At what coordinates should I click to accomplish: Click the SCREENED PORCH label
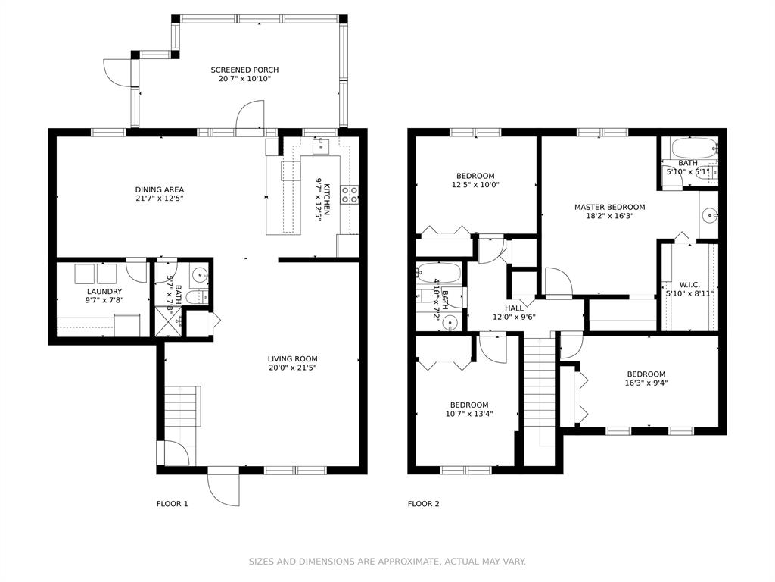pyautogui.click(x=244, y=70)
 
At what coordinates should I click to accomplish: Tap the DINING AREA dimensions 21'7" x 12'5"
pyautogui.click(x=159, y=199)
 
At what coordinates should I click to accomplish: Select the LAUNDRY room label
pyautogui.click(x=104, y=292)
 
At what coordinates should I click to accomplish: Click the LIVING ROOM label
pyautogui.click(x=293, y=358)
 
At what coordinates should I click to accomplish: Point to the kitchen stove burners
pyautogui.click(x=350, y=195)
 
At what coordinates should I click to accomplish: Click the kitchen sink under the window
pyautogui.click(x=322, y=146)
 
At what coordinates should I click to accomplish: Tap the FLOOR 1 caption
pyautogui.click(x=172, y=504)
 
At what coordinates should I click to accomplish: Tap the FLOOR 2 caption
pyautogui.click(x=423, y=504)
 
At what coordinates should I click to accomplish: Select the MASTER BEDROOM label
pyautogui.click(x=609, y=207)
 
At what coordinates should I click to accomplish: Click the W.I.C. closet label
pyautogui.click(x=689, y=285)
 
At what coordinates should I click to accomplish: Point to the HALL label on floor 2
pyautogui.click(x=514, y=308)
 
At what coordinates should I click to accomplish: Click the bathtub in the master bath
pyautogui.click(x=694, y=147)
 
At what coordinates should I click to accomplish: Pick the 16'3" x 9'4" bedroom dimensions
pyautogui.click(x=646, y=383)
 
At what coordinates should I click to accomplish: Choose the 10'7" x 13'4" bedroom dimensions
pyautogui.click(x=469, y=414)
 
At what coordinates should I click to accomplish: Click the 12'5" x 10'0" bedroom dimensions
pyautogui.click(x=475, y=185)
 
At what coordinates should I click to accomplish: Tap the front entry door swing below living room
pyautogui.click(x=223, y=490)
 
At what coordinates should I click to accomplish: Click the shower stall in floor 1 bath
pyautogui.click(x=169, y=321)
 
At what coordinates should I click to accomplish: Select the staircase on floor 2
pyautogui.click(x=540, y=392)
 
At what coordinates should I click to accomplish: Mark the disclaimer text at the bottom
pyautogui.click(x=387, y=562)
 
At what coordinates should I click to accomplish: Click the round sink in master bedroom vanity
pyautogui.click(x=710, y=215)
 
